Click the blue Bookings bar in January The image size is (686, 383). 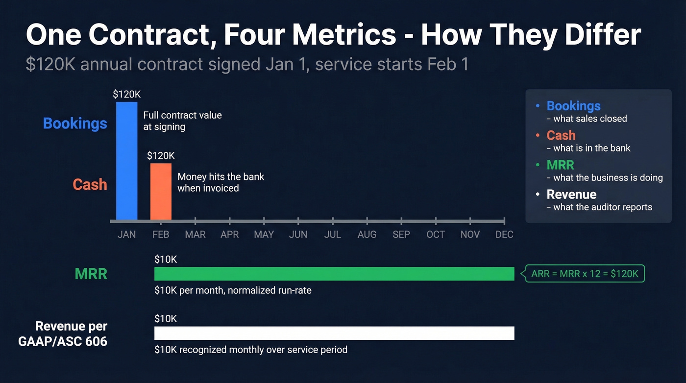tap(126, 161)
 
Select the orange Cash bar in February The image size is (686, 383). tap(161, 191)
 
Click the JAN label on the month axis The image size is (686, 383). tap(126, 234)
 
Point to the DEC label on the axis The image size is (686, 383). tap(504, 234)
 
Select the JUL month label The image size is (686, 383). tap(332, 234)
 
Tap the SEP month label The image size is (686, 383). tap(401, 234)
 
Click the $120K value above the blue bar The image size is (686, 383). tap(126, 94)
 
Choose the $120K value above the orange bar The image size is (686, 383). tap(161, 156)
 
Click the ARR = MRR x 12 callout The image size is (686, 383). tap(585, 274)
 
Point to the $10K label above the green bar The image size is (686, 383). tap(166, 259)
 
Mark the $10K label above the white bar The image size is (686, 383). tap(166, 319)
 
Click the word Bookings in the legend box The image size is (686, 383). tap(573, 106)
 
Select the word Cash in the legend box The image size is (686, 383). tap(561, 135)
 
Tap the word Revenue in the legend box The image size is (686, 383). tap(571, 194)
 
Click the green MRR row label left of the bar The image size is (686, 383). tap(91, 274)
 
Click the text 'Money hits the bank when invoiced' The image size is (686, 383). tap(220, 182)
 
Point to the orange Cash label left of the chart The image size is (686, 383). tap(90, 184)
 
